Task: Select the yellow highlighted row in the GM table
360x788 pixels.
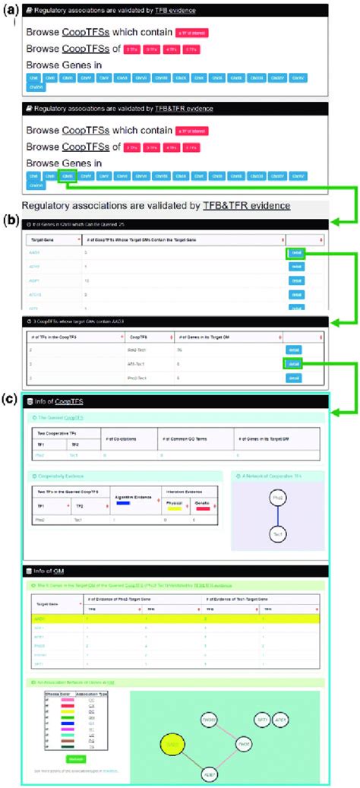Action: (x=175, y=619)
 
